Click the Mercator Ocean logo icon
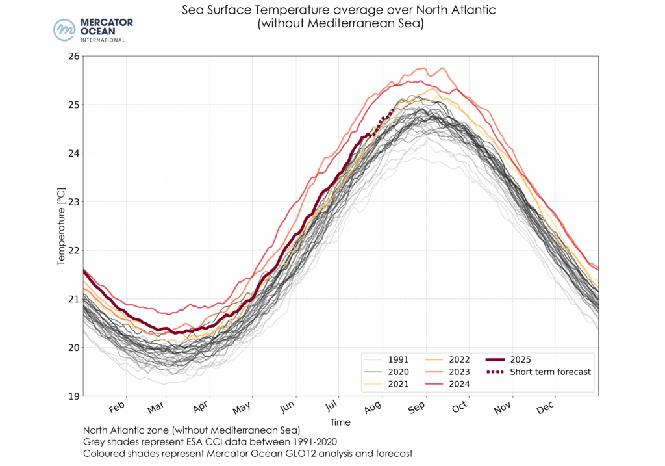pos(64,30)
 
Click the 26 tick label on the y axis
pos(73,56)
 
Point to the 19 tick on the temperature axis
pos(73,396)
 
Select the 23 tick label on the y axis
pos(73,201)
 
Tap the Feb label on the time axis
pos(117,408)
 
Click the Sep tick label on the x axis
pos(416,408)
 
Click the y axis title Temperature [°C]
pos(61,226)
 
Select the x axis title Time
pos(340,422)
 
